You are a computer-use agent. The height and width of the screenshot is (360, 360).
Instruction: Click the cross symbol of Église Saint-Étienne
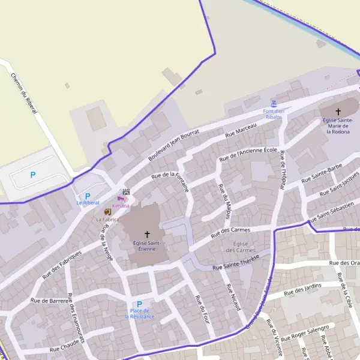tap(147, 234)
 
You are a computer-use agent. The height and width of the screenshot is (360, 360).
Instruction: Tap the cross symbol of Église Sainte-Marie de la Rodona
tap(338, 112)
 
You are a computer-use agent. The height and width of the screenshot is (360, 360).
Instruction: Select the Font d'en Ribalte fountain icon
tap(274, 103)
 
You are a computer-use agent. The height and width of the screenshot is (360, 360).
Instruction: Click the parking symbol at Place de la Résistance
tap(139, 304)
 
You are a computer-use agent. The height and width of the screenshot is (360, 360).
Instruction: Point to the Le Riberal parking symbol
tap(88, 196)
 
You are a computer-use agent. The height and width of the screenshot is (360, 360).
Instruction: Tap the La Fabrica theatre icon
tap(107, 212)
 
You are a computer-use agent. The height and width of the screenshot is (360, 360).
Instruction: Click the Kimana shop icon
tap(123, 199)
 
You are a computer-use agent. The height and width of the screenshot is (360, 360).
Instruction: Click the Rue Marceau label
tap(241, 131)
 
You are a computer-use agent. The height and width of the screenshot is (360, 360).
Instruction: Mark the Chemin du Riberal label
tap(24, 94)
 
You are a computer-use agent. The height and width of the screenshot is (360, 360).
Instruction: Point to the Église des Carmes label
tap(241, 246)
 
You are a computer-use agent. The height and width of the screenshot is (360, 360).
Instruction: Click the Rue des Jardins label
tap(303, 288)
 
